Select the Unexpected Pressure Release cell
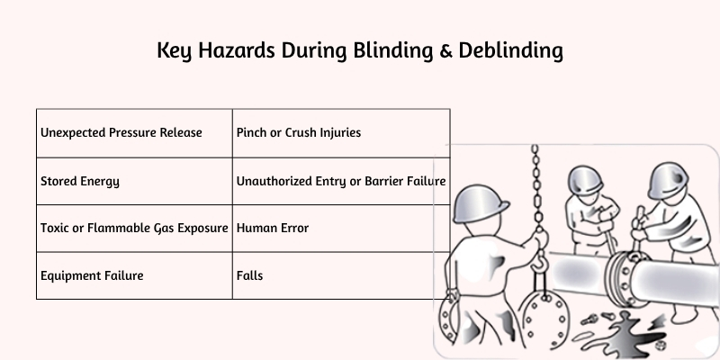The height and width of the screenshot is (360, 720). (134, 132)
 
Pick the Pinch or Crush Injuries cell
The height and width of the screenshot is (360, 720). (341, 132)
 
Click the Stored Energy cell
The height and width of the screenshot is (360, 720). (134, 181)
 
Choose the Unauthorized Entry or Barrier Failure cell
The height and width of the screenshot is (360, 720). (341, 181)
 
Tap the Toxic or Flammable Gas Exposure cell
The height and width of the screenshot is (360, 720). (134, 229)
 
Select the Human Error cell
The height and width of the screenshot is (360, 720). (341, 229)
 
